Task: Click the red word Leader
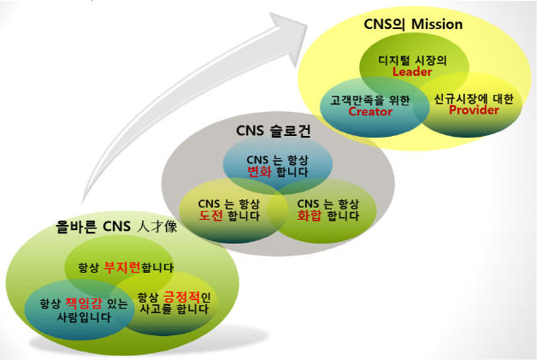click(x=412, y=72)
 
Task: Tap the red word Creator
click(x=370, y=112)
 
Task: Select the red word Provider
click(x=474, y=110)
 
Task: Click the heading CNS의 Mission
click(x=413, y=24)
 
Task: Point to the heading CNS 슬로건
click(x=274, y=131)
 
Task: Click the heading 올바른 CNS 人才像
click(x=116, y=227)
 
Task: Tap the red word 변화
click(x=260, y=172)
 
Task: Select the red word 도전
click(x=211, y=215)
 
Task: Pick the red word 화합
click(x=310, y=215)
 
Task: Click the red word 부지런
click(x=122, y=268)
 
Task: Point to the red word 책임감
click(x=84, y=304)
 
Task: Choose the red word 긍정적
click(x=181, y=297)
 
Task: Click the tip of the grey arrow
click(x=307, y=26)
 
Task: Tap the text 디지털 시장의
click(x=412, y=61)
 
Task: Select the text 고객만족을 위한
click(x=370, y=100)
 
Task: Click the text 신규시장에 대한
click(x=474, y=99)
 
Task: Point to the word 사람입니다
click(x=84, y=317)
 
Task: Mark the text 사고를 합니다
click(x=174, y=310)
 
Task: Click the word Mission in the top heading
click(x=437, y=24)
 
